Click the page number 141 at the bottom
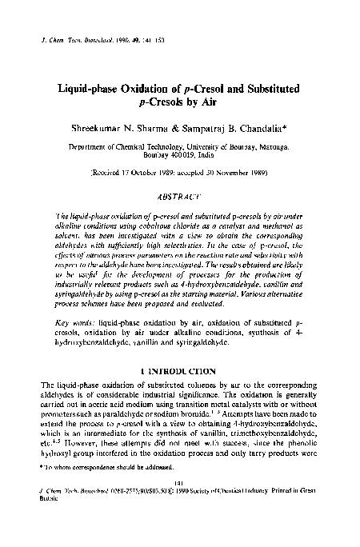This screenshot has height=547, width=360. (179, 503)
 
